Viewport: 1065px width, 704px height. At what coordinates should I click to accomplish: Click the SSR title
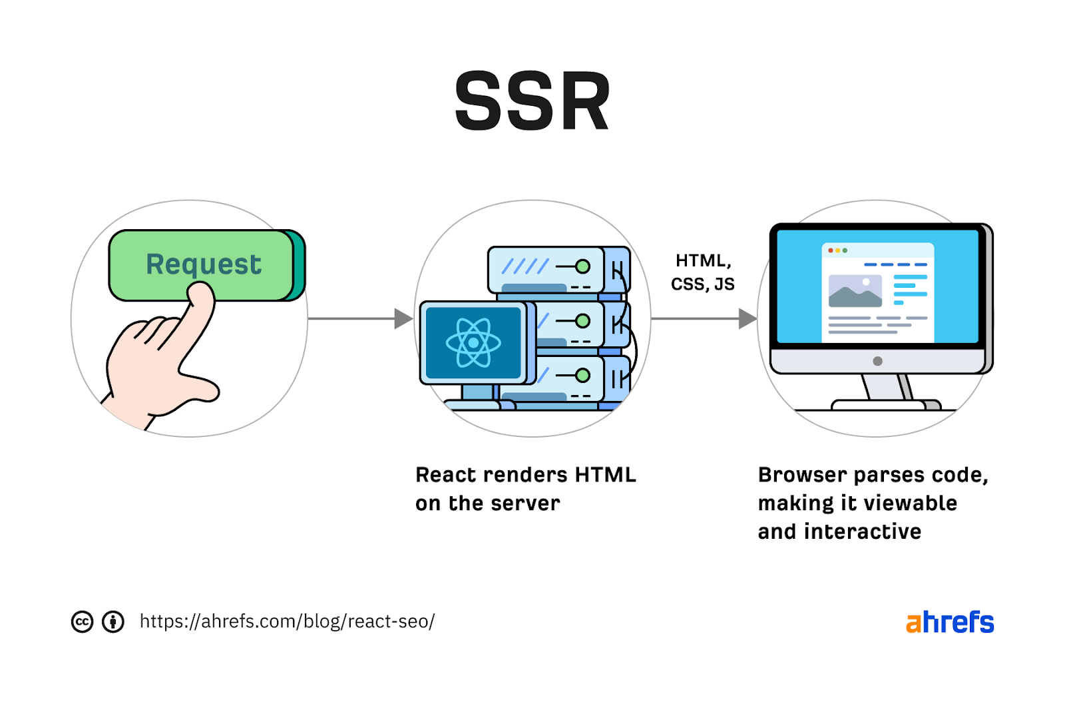[x=532, y=102]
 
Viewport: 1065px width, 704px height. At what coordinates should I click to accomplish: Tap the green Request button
[x=202, y=264]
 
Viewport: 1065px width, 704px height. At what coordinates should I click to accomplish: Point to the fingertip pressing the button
[x=200, y=292]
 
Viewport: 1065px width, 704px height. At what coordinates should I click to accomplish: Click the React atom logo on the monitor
[x=473, y=343]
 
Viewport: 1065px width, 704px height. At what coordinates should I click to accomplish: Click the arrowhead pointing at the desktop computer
[x=747, y=319]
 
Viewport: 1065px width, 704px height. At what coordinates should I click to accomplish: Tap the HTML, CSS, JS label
[x=702, y=272]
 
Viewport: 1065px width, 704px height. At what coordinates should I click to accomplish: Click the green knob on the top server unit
[x=582, y=266]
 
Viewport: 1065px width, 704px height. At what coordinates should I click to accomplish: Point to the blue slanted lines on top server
[x=525, y=266]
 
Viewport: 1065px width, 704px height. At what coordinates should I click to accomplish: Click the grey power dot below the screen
[x=877, y=361]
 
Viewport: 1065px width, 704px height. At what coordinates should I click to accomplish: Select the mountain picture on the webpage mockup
[x=855, y=291]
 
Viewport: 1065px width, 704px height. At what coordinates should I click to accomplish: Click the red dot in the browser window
[x=830, y=250]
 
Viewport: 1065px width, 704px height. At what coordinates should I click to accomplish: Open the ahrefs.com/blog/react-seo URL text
[x=287, y=621]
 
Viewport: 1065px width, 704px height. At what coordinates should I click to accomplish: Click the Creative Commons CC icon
[x=82, y=621]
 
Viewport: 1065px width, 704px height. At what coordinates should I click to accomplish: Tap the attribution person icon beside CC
[x=113, y=621]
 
